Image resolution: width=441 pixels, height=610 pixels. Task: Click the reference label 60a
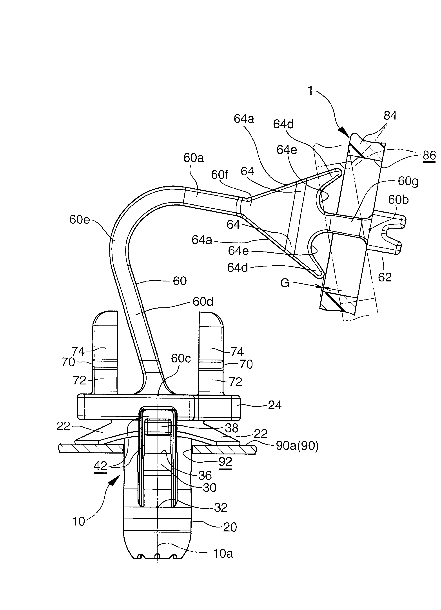[193, 158]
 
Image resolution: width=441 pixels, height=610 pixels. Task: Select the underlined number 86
[429, 155]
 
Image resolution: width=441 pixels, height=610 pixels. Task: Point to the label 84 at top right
[390, 116]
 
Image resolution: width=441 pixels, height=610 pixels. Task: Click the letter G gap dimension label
[285, 283]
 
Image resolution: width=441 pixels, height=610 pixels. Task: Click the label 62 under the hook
[385, 277]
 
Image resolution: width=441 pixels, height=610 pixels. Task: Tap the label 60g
[408, 181]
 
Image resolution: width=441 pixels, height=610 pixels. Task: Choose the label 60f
[219, 175]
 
